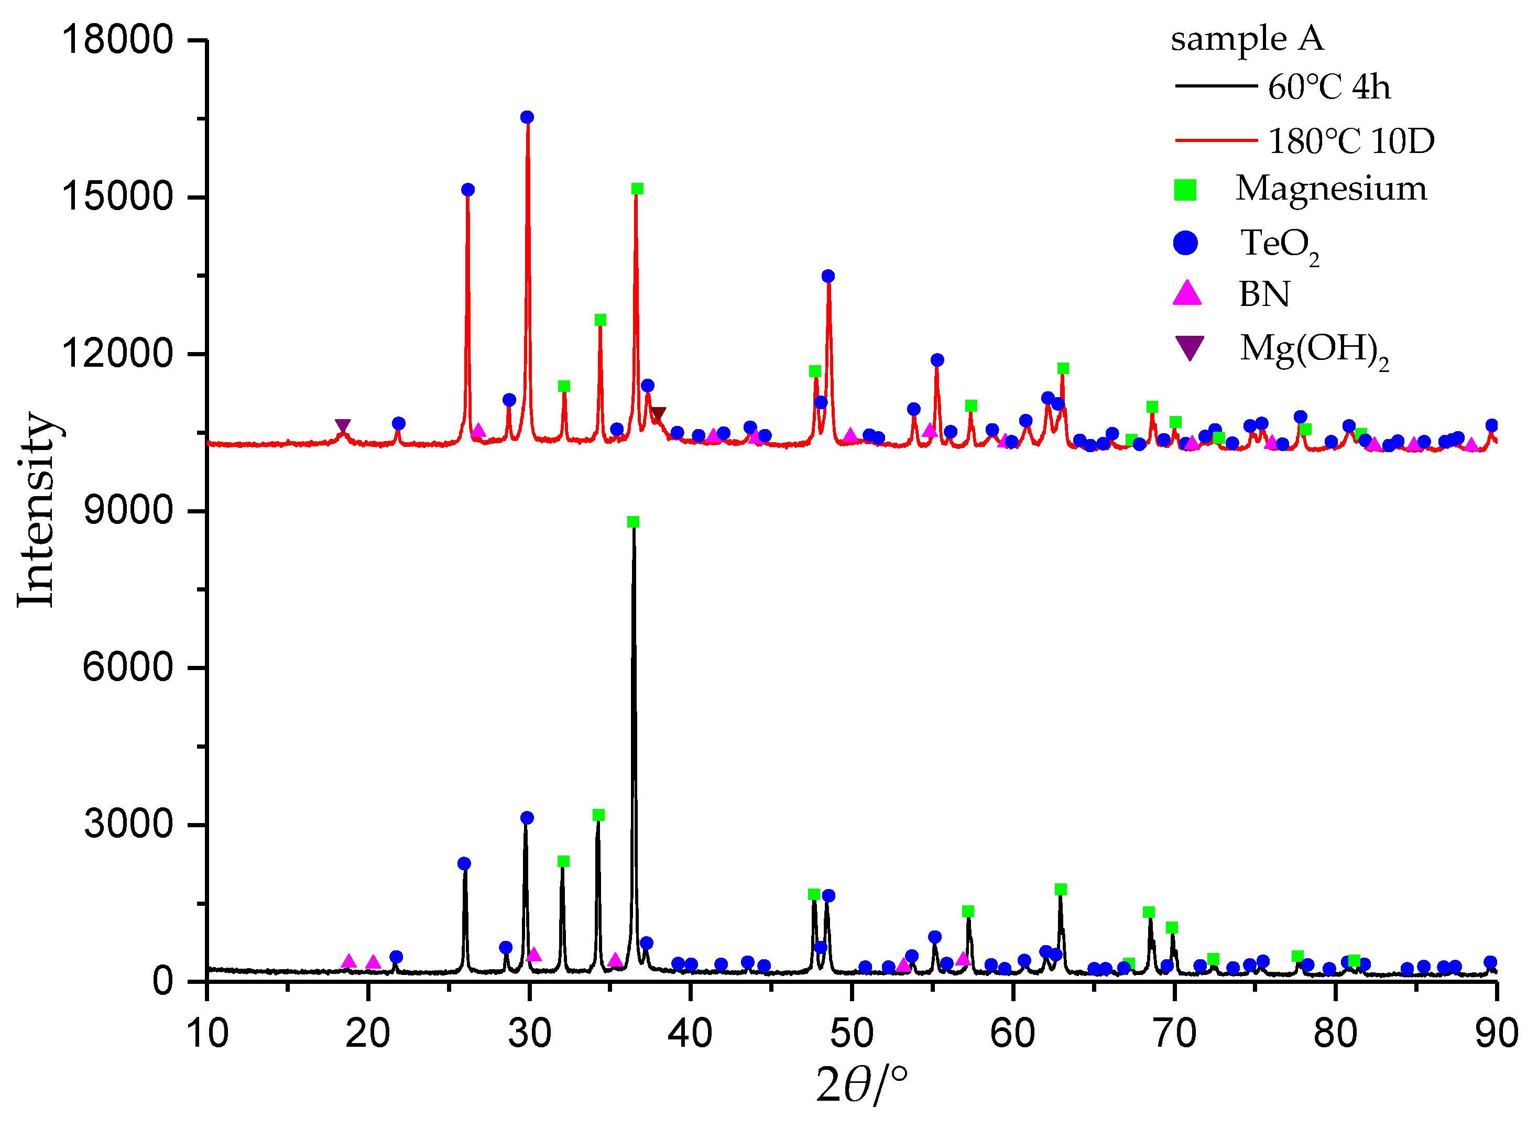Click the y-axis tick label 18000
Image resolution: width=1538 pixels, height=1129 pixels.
(117, 40)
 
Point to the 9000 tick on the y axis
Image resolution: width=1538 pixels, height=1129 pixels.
(128, 510)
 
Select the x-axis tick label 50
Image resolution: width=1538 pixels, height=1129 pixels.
(851, 1033)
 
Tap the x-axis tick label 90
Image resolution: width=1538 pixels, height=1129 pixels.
(1496, 1033)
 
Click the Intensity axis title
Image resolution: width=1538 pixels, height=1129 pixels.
(36, 510)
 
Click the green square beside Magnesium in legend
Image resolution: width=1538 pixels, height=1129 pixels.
(1185, 190)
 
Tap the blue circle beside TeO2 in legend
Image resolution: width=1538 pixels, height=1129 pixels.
(1185, 243)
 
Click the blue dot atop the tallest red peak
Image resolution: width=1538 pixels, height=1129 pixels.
(527, 117)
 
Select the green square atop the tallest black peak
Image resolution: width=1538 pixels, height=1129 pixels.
(633, 522)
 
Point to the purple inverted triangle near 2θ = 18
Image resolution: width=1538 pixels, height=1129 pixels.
(343, 426)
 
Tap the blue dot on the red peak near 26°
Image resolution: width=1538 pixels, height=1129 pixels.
(467, 190)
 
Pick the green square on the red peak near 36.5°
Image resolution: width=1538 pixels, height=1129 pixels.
(637, 189)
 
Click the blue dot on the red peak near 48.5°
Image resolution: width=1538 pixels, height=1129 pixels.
(828, 276)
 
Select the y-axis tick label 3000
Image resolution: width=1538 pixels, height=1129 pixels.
(128, 824)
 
